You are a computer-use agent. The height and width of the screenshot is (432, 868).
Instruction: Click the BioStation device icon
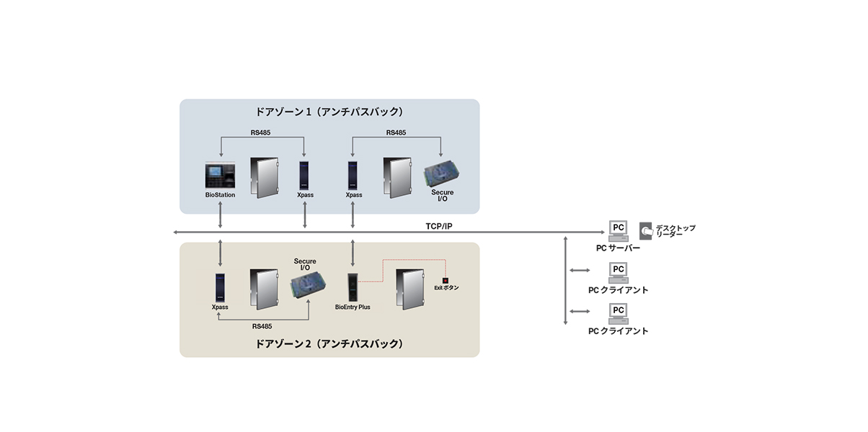(x=220, y=176)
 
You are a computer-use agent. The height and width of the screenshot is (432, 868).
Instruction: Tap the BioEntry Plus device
(x=353, y=287)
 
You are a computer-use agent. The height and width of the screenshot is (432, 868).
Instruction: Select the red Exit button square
(x=446, y=281)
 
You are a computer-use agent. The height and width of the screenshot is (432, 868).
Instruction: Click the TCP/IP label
(x=438, y=226)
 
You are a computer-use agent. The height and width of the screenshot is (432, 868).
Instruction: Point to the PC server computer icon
(x=618, y=231)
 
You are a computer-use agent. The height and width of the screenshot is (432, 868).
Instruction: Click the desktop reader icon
(x=646, y=230)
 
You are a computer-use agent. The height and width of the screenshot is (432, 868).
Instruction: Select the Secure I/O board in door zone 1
(x=442, y=175)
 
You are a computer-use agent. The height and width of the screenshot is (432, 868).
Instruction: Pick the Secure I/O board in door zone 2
(x=308, y=285)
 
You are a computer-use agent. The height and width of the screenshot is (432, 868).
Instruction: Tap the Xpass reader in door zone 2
(x=220, y=287)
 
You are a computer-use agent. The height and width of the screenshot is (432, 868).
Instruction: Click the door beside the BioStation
(x=265, y=178)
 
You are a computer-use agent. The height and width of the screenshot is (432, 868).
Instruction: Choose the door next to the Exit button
(x=410, y=289)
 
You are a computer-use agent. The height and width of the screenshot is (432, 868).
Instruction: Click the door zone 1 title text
(x=329, y=112)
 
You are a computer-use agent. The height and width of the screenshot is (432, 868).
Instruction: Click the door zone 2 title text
(x=329, y=343)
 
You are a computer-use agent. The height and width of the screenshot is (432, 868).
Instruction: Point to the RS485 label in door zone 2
(x=262, y=326)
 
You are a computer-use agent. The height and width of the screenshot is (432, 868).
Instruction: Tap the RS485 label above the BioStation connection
(x=260, y=132)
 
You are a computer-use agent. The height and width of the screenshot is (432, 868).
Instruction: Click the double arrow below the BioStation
(x=220, y=215)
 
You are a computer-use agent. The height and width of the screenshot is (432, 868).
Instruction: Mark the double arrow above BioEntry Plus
(x=353, y=253)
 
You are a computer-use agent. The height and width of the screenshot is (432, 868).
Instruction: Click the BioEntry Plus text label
(x=353, y=307)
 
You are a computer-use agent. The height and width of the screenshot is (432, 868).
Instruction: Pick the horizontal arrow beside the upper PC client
(x=580, y=270)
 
